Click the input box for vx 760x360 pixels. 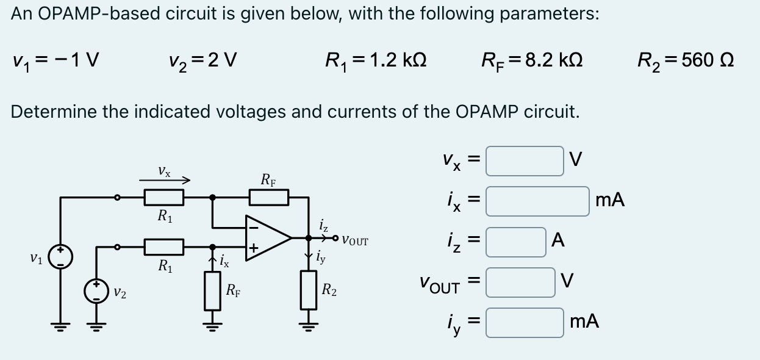pyautogui.click(x=525, y=161)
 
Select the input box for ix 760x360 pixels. pyautogui.click(x=537, y=201)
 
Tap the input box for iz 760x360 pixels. pyautogui.click(x=516, y=242)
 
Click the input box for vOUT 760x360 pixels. pyautogui.click(x=520, y=282)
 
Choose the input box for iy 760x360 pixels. pyautogui.click(x=525, y=322)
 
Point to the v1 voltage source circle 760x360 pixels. pyautogui.click(x=61, y=257)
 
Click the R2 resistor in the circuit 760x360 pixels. pyautogui.click(x=309, y=290)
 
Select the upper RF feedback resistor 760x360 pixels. pyautogui.click(x=268, y=197)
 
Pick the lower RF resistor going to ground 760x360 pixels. pyautogui.click(x=212, y=290)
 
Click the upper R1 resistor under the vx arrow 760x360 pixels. pyautogui.click(x=163, y=197)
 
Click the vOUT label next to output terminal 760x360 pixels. pyautogui.click(x=355, y=240)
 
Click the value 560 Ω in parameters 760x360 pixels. pyautogui.click(x=707, y=60)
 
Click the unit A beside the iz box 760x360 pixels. pyautogui.click(x=557, y=242)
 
